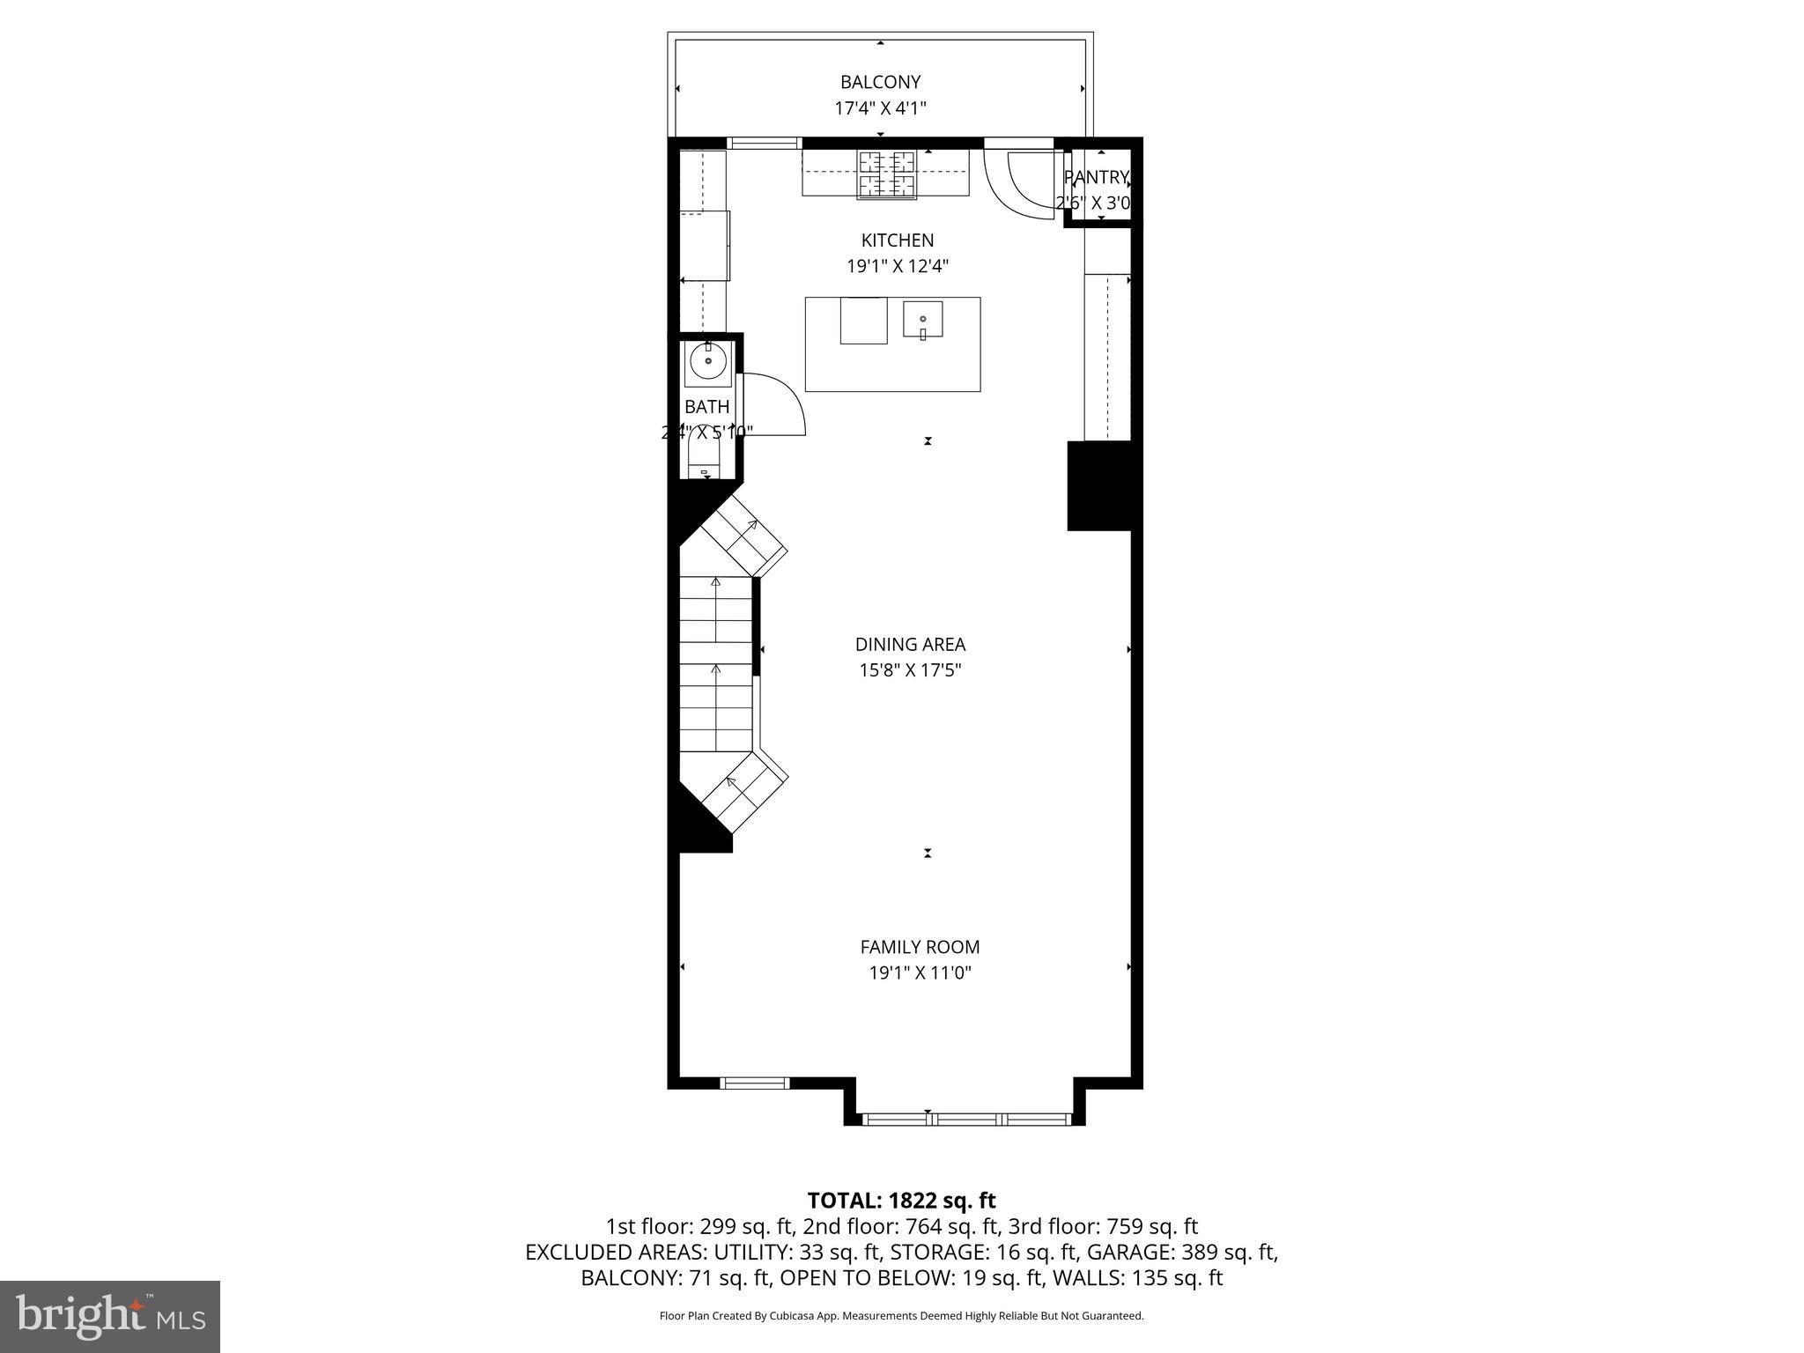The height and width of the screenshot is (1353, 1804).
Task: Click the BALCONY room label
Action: pos(880,82)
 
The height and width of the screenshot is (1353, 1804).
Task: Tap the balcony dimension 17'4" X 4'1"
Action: pos(880,108)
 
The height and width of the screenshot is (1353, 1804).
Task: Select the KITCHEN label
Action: pos(897,240)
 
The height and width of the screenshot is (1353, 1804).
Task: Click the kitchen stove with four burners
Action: pos(887,174)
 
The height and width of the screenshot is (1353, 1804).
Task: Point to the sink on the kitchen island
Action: pos(922,319)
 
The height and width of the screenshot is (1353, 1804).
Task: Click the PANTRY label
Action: pos(1096,177)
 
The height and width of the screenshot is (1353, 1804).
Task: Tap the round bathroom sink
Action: pos(708,361)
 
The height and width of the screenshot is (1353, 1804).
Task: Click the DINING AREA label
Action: pos(910,644)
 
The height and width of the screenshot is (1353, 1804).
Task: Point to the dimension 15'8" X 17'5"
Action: pos(910,670)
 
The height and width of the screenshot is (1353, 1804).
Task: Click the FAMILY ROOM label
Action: pos(920,947)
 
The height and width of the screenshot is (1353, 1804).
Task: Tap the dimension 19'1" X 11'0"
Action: pos(920,973)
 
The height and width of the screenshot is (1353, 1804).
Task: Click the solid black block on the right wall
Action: pos(1099,485)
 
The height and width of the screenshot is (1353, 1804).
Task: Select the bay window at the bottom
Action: pos(966,1119)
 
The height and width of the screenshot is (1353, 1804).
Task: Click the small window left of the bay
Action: pos(754,1083)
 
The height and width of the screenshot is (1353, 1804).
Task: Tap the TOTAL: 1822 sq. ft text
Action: pos(901,1201)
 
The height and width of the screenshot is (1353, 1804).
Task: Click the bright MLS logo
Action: pos(109,1316)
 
